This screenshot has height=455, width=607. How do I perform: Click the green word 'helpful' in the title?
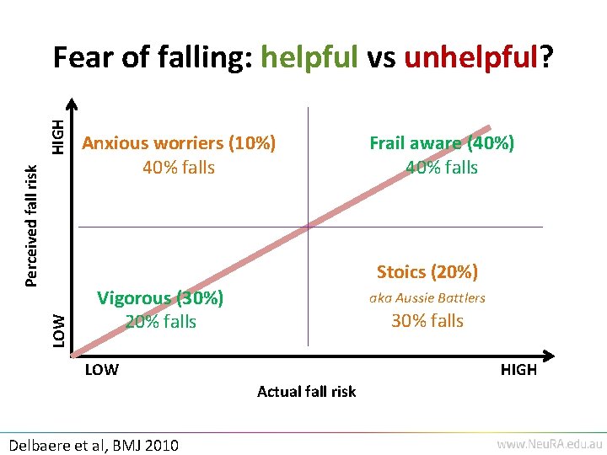point(310,58)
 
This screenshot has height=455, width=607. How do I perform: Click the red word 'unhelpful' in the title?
point(471,58)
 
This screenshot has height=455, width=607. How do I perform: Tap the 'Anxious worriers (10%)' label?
point(179,143)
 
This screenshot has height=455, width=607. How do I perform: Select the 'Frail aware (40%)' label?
point(442,143)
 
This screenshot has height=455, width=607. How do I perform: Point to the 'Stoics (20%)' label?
point(427,271)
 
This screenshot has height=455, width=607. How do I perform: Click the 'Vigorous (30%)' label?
point(160,297)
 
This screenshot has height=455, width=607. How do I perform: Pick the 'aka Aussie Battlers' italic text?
point(427,297)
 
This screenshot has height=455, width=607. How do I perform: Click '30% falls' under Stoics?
point(427,321)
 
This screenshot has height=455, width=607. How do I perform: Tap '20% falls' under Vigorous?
point(160,321)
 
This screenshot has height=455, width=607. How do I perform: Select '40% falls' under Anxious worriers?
point(179,168)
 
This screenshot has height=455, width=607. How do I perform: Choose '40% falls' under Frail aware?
point(442,168)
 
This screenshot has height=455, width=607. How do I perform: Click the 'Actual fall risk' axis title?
point(306,391)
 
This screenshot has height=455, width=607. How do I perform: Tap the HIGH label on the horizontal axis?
point(518,370)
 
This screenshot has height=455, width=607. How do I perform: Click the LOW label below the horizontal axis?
point(101,370)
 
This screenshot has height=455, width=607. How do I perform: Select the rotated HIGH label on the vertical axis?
point(56,136)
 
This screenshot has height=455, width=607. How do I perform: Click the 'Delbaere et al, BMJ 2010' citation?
point(92,445)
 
